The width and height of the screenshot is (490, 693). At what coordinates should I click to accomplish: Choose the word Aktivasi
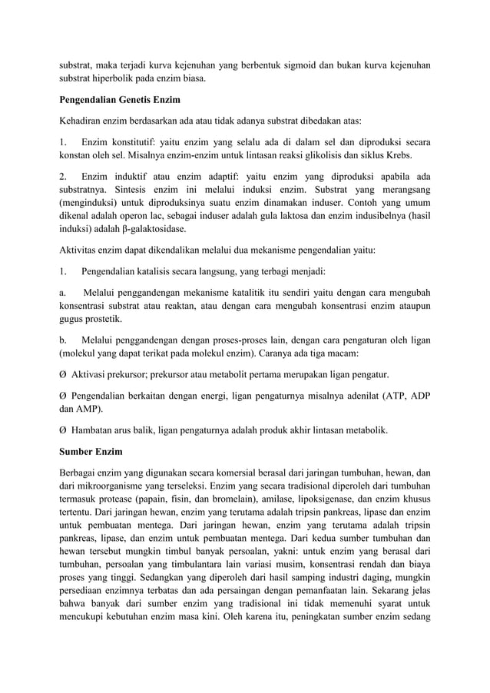(90, 375)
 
